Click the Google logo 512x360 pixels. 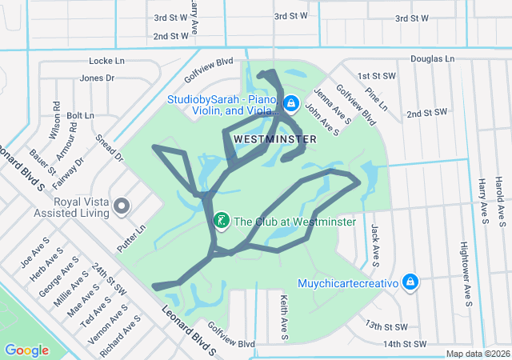pos(27,350)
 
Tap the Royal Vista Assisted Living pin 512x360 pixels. pos(122,206)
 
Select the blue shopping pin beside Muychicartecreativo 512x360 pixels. pos(410,282)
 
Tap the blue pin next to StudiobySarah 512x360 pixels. pos(291,104)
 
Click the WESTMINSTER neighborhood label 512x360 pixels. pos(275,138)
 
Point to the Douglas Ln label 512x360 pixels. pos(432,59)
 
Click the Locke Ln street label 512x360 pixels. pos(107,61)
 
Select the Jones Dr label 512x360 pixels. pos(97,78)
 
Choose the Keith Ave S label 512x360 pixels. pos(284,314)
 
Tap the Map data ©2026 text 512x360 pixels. pos(478,354)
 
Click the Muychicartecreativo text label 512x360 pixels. pos(348,282)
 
